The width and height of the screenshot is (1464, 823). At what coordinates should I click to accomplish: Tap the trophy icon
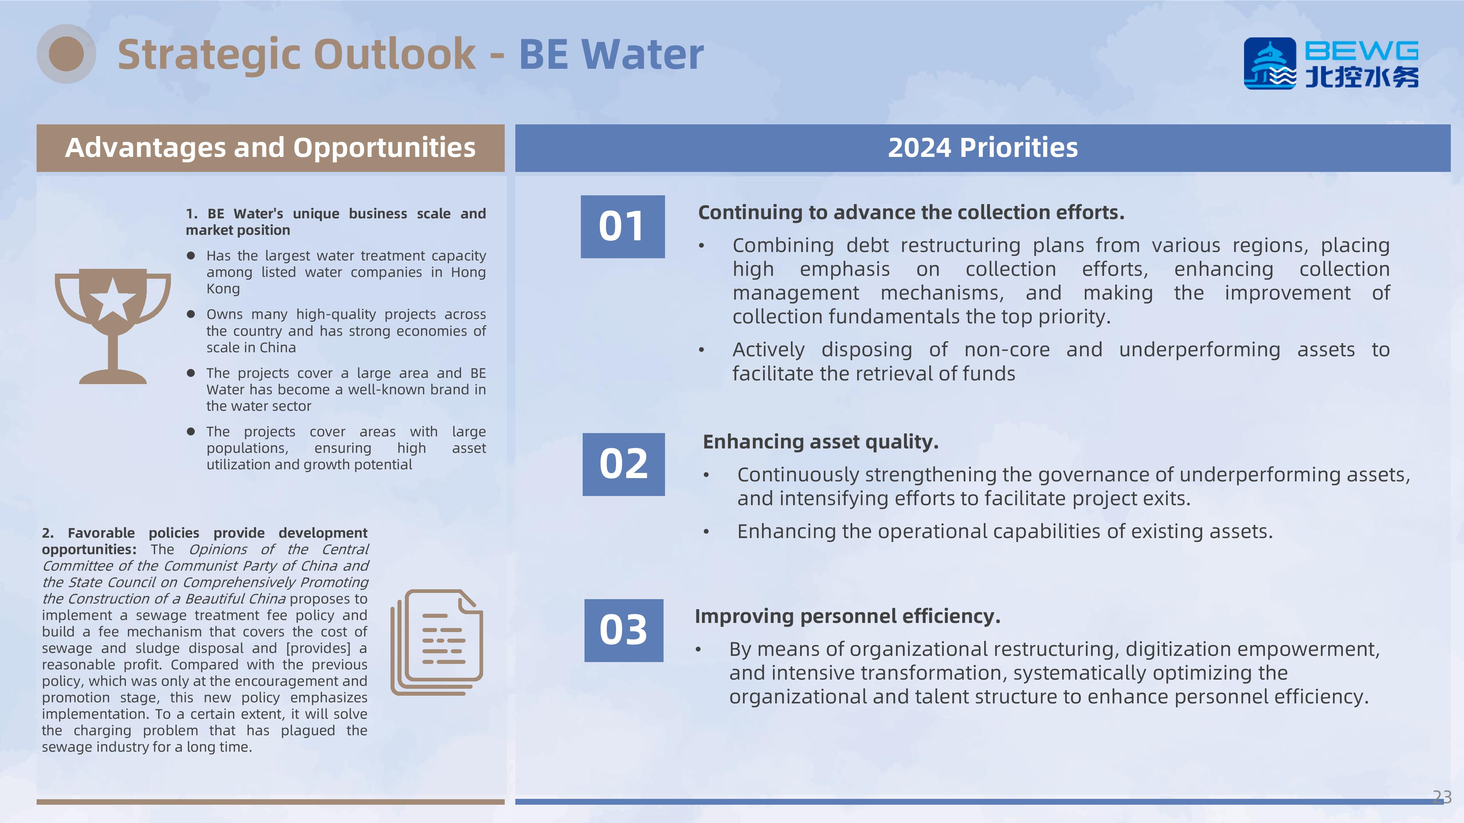(112, 326)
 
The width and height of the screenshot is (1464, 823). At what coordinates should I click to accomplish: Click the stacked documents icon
(437, 642)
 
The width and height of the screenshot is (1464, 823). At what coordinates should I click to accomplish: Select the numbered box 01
(622, 227)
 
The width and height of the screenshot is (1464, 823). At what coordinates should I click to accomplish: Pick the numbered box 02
(623, 464)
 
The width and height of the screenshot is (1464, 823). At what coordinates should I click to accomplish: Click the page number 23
(1442, 797)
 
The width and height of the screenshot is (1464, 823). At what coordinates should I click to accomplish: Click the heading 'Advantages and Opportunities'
(270, 148)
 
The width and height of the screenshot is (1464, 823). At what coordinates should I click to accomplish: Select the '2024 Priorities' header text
(983, 148)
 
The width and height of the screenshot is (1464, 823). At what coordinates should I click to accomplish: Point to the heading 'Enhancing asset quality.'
(820, 442)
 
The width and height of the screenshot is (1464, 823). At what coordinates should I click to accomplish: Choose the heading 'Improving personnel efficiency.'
(847, 616)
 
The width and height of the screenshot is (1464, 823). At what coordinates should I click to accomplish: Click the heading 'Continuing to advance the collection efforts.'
(911, 213)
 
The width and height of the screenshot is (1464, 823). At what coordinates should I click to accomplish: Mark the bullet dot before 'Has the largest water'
(191, 256)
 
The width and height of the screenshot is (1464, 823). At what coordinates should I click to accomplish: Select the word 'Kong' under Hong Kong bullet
(223, 289)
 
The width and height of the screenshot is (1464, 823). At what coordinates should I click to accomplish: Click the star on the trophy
(112, 299)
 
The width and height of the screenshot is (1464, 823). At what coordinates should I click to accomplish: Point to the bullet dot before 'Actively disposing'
(702, 350)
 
